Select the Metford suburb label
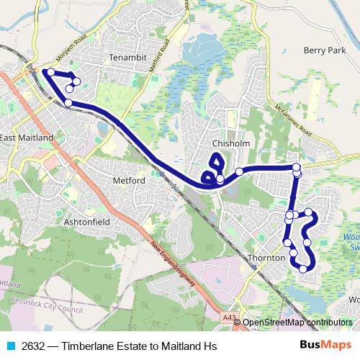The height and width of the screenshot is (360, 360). tap(130, 179)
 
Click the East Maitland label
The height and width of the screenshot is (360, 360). tap(27, 137)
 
